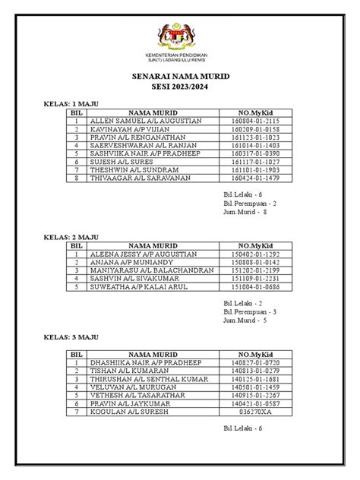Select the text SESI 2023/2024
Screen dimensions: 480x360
coord(180,87)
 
